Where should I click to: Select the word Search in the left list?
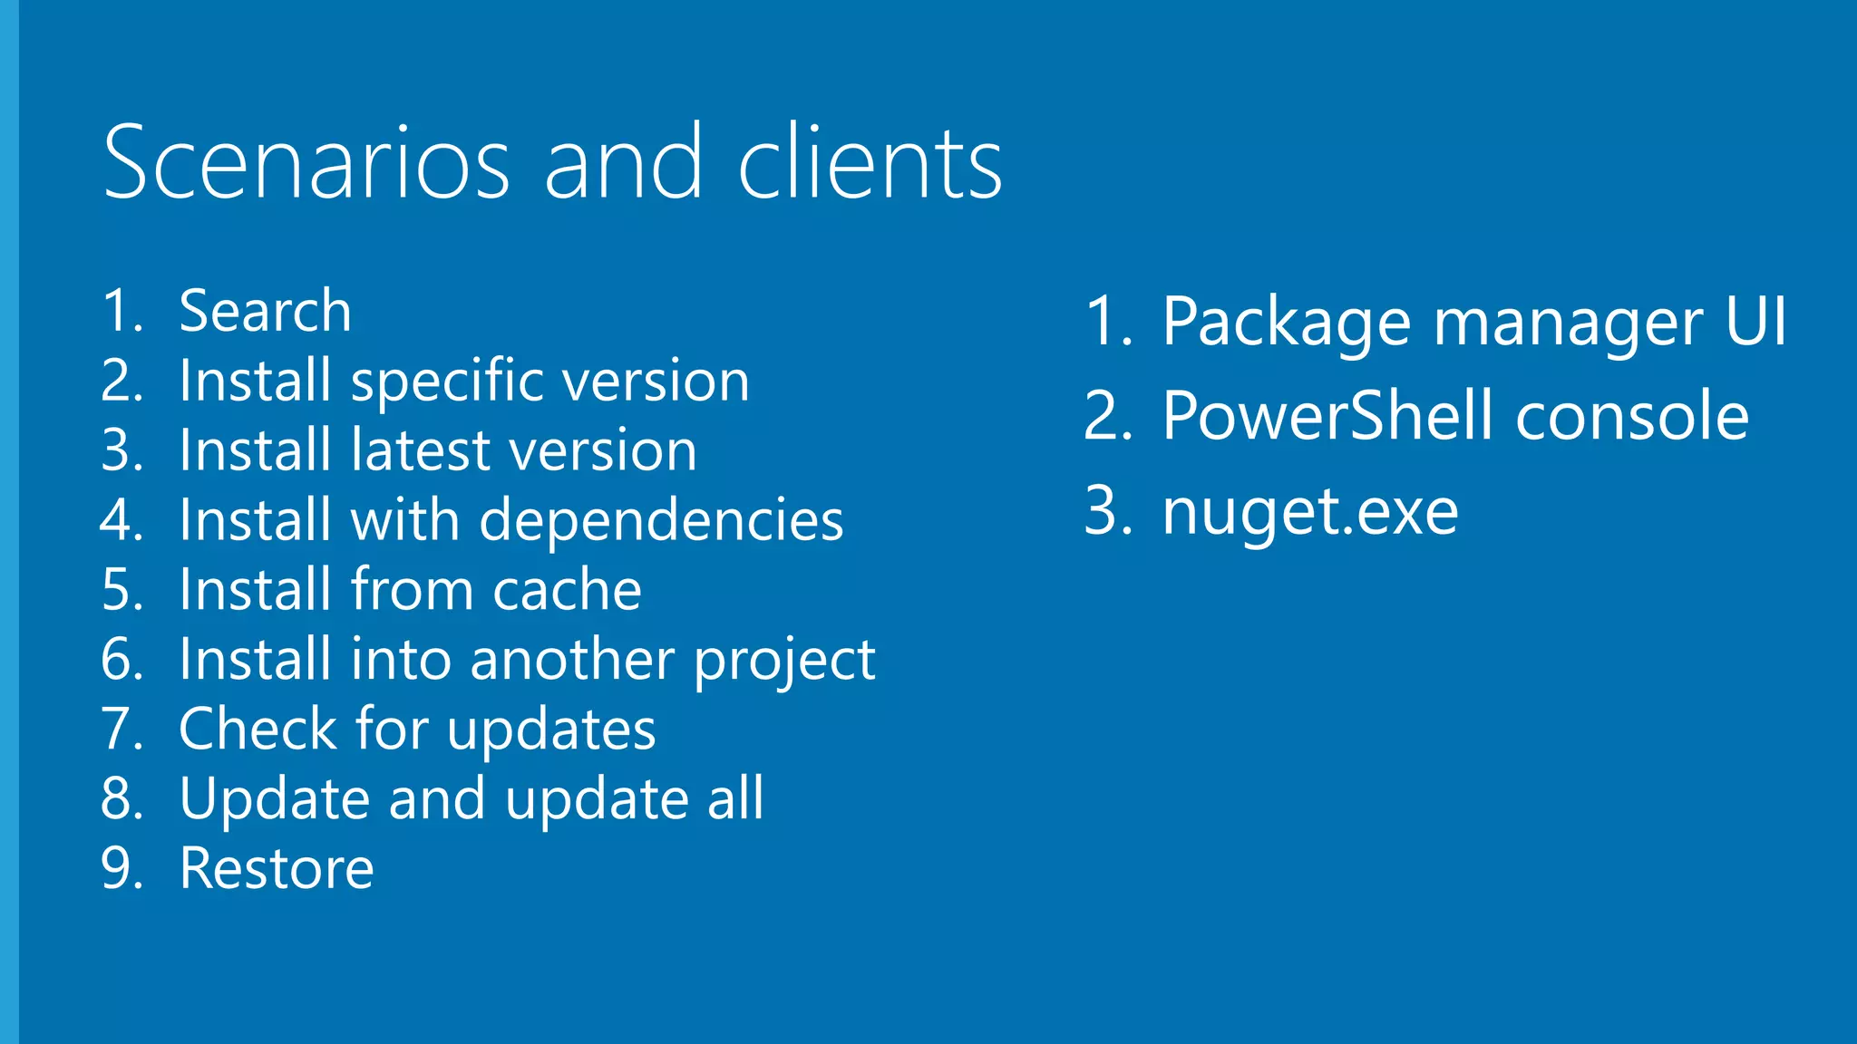[x=265, y=311]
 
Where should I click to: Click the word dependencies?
[x=661, y=520]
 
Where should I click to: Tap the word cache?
[x=567, y=590]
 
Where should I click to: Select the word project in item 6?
[x=784, y=660]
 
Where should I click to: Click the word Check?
[x=258, y=729]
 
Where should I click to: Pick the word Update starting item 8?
[x=275, y=799]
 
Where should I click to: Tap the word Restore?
[x=277, y=868]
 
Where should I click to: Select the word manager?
[x=1568, y=322]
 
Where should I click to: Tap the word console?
[x=1632, y=417]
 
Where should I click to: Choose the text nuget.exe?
[x=1310, y=512]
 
